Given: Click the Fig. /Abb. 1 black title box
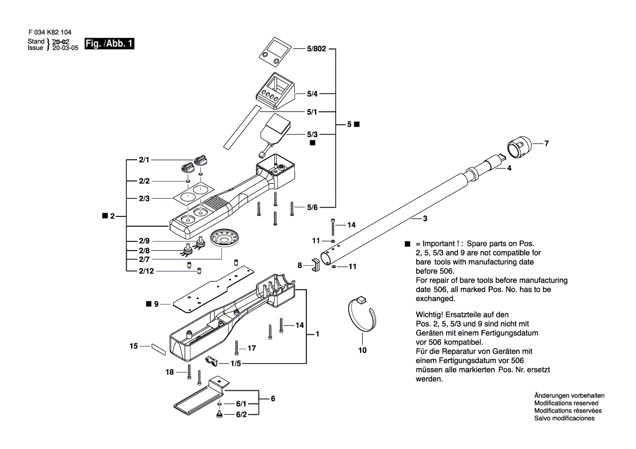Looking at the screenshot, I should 109,44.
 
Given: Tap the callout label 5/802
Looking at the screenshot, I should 316,49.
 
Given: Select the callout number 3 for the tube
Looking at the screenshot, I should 425,219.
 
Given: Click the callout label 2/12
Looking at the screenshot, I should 145,271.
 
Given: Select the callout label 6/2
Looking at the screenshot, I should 241,415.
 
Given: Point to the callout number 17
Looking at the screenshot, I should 251,348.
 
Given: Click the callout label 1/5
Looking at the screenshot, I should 236,363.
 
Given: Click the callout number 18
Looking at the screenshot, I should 170,372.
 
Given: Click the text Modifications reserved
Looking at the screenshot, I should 566,403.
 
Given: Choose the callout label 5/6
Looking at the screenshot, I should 312,207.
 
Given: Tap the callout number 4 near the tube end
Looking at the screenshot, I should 509,169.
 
